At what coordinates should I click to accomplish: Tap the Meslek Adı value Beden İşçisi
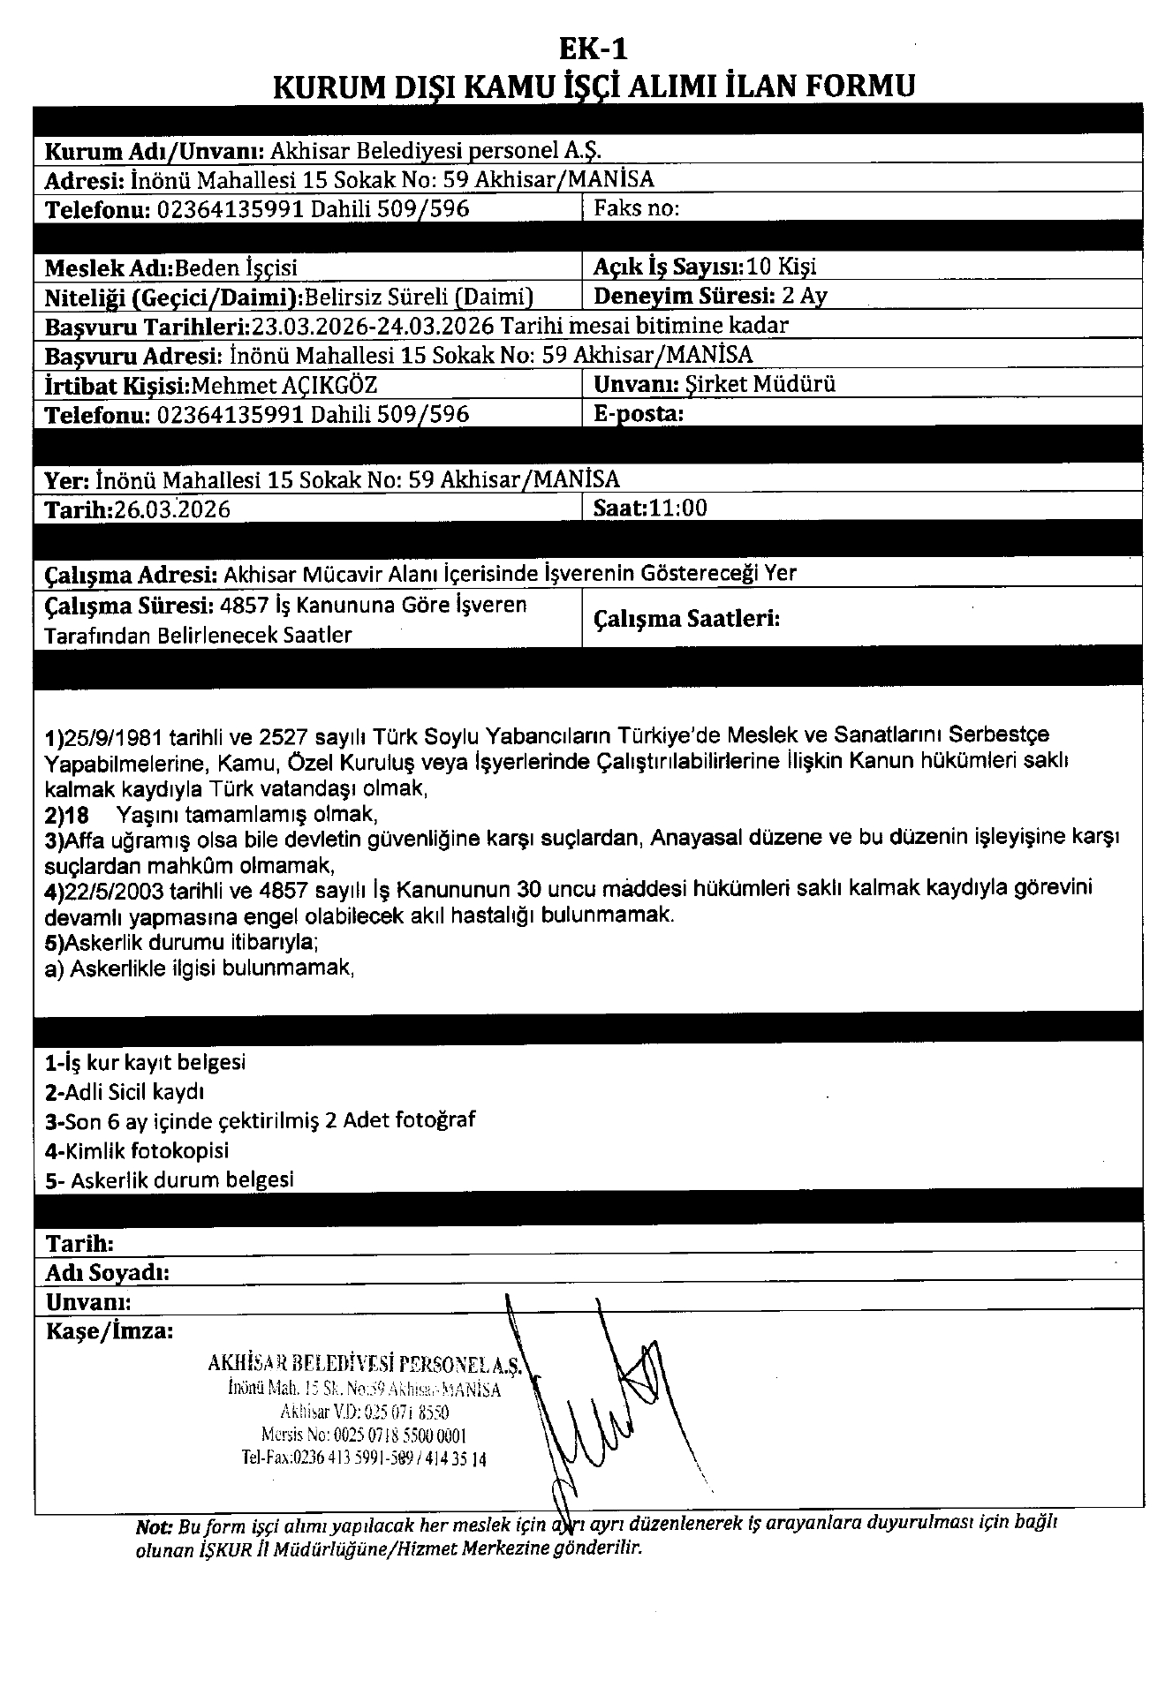point(237,267)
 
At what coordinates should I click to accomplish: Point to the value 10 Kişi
point(782,266)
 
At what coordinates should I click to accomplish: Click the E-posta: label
point(639,413)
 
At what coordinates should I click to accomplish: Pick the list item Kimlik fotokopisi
point(146,1150)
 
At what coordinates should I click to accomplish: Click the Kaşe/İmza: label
point(110,1330)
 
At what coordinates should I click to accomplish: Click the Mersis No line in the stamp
point(364,1436)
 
